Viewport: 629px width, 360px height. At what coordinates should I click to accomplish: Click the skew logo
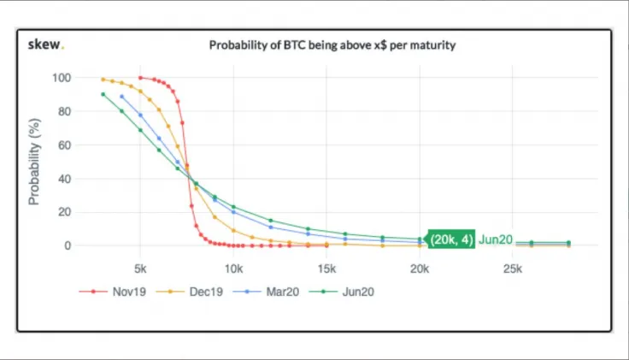pyautogui.click(x=46, y=44)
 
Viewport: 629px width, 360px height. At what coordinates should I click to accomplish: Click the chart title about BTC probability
pyautogui.click(x=332, y=45)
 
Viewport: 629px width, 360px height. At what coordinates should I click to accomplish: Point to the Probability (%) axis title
pyautogui.click(x=34, y=162)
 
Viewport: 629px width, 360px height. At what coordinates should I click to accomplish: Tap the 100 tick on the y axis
pyautogui.click(x=62, y=78)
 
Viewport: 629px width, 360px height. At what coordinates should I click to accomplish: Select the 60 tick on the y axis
pyautogui.click(x=65, y=145)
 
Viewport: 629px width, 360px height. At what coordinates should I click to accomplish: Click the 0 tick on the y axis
pyautogui.click(x=68, y=245)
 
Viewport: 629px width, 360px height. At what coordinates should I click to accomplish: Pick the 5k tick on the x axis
pyautogui.click(x=140, y=269)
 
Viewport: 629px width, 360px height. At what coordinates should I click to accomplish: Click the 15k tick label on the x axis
pyautogui.click(x=326, y=269)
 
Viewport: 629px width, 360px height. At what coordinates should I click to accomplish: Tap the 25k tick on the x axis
pyautogui.click(x=512, y=269)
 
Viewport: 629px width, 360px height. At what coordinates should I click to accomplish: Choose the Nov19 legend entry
pyautogui.click(x=112, y=292)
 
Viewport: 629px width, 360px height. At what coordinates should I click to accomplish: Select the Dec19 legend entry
pyautogui.click(x=190, y=292)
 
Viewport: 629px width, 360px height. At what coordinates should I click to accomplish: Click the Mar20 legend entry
pyautogui.click(x=266, y=292)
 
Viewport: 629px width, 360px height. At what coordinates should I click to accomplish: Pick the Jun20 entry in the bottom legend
pyautogui.click(x=342, y=292)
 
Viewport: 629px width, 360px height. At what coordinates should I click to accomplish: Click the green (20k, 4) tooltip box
pyautogui.click(x=451, y=239)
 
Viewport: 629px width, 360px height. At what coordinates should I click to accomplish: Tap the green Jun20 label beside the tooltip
pyautogui.click(x=496, y=239)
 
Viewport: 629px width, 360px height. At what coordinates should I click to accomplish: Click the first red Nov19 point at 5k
pyautogui.click(x=140, y=78)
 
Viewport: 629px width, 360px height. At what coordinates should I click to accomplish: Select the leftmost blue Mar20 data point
pyautogui.click(x=122, y=97)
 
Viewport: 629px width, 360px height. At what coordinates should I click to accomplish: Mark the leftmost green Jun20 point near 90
pyautogui.click(x=103, y=94)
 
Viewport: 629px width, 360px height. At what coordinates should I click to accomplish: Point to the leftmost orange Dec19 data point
pyautogui.click(x=103, y=80)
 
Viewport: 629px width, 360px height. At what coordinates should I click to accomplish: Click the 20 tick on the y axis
pyautogui.click(x=65, y=212)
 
